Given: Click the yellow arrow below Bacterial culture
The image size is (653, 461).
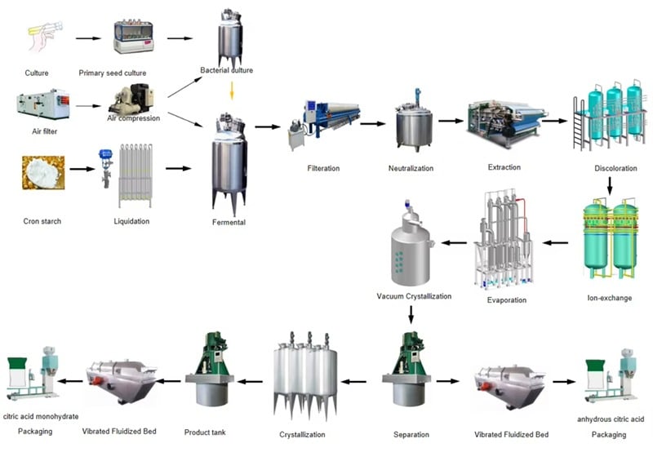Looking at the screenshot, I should [x=232, y=90].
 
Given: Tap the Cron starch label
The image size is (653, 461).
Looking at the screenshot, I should [x=41, y=221].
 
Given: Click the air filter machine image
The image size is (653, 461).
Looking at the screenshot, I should [x=42, y=104].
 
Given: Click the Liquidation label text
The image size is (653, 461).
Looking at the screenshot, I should [x=132, y=221].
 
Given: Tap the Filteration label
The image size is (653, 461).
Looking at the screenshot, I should [x=323, y=169].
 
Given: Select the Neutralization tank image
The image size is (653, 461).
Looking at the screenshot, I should [x=411, y=125].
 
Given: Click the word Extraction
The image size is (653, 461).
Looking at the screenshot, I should [x=504, y=167].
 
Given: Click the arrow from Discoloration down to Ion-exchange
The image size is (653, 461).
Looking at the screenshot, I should [x=609, y=187].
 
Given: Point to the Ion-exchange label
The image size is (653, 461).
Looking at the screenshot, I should [x=609, y=298].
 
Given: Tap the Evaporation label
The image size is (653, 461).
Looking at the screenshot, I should [x=506, y=300].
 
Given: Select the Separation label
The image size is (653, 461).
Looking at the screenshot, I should [x=411, y=435].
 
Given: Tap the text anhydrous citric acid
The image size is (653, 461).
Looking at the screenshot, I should [x=610, y=419].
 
